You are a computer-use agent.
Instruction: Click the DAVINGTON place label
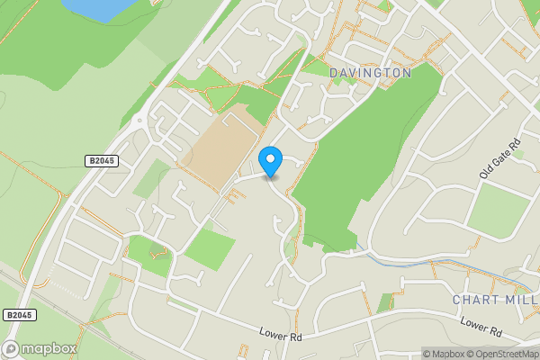click(x=370, y=72)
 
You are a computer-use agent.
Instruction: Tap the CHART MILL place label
click(x=495, y=300)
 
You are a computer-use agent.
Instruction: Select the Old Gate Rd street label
click(x=500, y=159)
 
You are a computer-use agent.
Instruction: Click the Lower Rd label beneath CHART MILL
click(x=479, y=323)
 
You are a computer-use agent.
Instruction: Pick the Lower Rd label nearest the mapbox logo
click(x=279, y=336)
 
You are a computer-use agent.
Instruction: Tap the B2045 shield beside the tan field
click(x=103, y=161)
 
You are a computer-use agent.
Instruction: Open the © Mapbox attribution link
click(x=443, y=354)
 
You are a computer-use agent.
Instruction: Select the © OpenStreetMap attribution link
click(x=502, y=354)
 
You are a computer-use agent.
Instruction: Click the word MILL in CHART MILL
click(x=519, y=300)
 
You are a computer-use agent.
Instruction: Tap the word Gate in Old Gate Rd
click(x=501, y=158)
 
